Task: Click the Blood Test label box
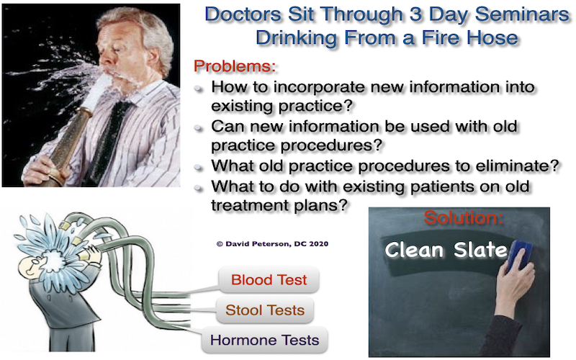pyautogui.click(x=269, y=280)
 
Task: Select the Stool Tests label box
pyautogui.click(x=265, y=310)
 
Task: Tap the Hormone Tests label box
pyautogui.click(x=264, y=340)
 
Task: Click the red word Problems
pyautogui.click(x=235, y=66)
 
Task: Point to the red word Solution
pyautogui.click(x=463, y=217)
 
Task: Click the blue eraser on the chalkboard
pyautogui.click(x=518, y=255)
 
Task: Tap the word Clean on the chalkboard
pyautogui.click(x=415, y=250)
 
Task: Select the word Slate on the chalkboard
pyautogui.click(x=480, y=250)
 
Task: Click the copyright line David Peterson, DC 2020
pyautogui.click(x=272, y=243)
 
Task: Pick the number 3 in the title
pyautogui.click(x=415, y=14)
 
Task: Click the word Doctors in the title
pyautogui.click(x=243, y=14)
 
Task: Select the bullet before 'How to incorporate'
pyautogui.click(x=199, y=88)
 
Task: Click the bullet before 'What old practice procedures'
pyautogui.click(x=199, y=168)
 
